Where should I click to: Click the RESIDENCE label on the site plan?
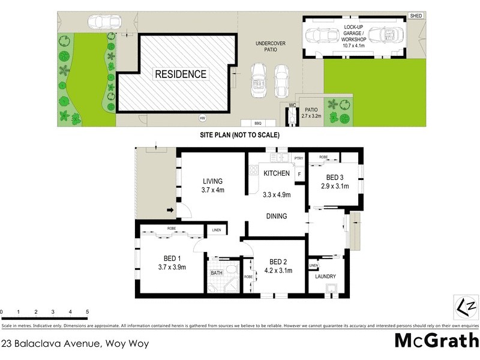point(181,74)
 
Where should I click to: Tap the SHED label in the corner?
point(415,15)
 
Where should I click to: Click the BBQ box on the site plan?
point(259,122)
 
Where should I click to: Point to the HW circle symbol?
point(202,118)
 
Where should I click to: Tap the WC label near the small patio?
point(293,105)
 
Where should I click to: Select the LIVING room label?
point(212,181)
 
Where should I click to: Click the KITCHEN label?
point(277,173)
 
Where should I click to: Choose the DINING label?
point(277,216)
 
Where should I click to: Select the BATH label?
point(216,273)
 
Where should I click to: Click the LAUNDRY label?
point(326,277)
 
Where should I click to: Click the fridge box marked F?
point(299,174)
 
